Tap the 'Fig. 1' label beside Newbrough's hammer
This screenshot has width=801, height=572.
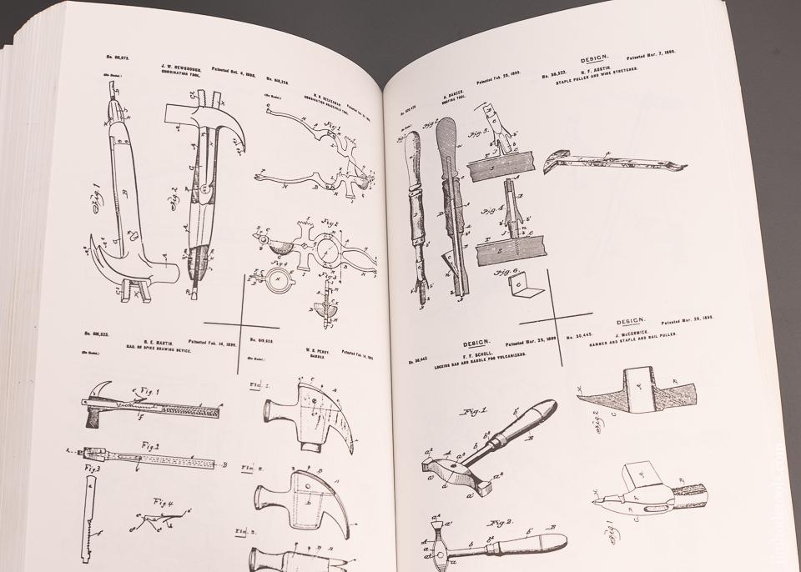tap(93, 201)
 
